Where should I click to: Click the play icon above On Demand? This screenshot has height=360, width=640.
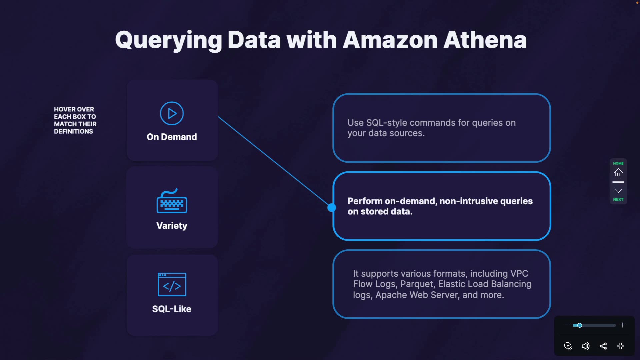point(172,113)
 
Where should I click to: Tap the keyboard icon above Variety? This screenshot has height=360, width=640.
point(172,201)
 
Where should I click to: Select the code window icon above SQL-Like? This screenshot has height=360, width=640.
point(172,284)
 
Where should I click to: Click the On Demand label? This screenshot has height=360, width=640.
point(172,137)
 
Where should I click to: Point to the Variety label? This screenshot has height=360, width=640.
point(172,226)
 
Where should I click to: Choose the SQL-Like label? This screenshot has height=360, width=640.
point(172,309)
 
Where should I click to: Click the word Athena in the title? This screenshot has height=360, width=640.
point(485,40)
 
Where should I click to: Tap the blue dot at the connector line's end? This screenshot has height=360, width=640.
point(332,208)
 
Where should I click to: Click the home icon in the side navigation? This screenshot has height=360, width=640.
point(618,172)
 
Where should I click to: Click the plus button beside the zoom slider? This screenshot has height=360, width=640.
point(623,325)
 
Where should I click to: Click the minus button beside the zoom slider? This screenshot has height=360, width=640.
point(566,325)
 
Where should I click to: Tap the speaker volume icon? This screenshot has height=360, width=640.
point(585,346)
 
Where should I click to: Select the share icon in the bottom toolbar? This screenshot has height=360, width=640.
point(603,346)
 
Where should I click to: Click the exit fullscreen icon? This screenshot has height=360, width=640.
point(621,346)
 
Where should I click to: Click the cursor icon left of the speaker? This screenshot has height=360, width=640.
point(568,346)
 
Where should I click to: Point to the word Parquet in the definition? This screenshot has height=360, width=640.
point(418,284)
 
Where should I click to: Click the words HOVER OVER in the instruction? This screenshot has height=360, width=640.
point(74,109)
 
